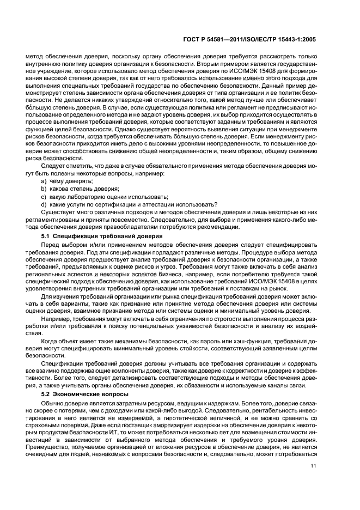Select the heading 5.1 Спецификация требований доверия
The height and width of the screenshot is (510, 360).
tap(101, 236)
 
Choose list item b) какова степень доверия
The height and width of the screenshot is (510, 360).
tap(76, 188)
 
